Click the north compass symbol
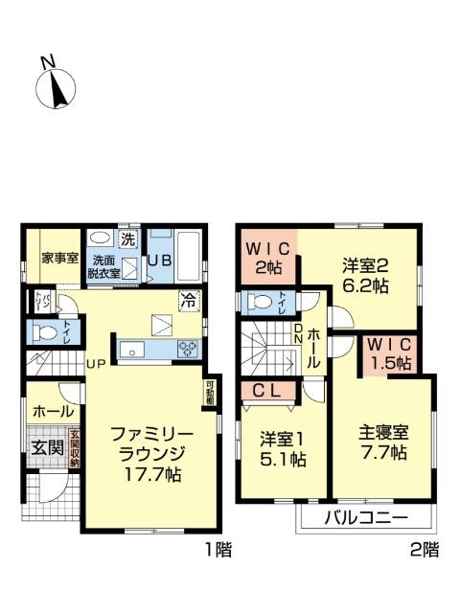[56, 85]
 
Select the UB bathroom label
[159, 260]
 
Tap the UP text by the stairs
[96, 363]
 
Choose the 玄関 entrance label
[46, 447]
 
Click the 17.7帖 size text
[147, 472]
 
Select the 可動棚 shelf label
[209, 394]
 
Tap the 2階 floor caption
[425, 550]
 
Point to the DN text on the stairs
[298, 334]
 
